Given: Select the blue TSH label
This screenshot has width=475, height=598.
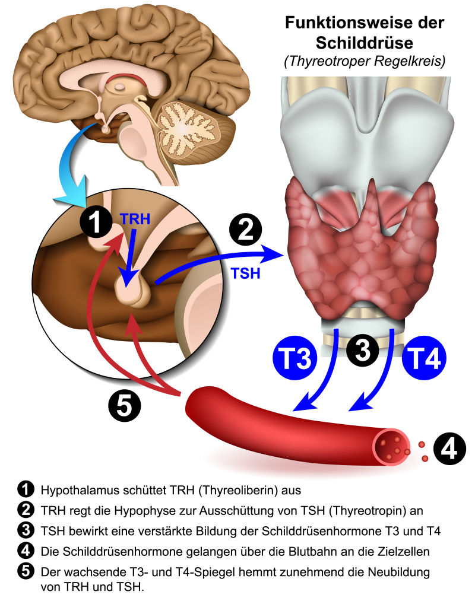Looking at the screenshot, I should click(x=245, y=273).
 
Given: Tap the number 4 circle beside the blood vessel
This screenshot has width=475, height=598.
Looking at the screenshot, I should click(x=449, y=447).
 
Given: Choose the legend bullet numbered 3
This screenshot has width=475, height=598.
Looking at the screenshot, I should click(x=26, y=530).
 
